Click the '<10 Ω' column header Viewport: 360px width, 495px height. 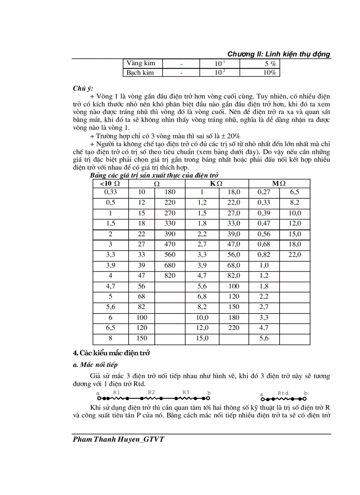[110, 183]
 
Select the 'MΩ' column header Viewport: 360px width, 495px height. [279, 183]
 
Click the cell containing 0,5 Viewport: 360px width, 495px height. [110, 203]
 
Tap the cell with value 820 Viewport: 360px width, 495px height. [169, 276]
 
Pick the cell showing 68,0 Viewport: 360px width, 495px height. [233, 265]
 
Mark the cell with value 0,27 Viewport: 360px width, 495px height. [264, 192]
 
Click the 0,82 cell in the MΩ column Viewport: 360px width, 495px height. [264, 255]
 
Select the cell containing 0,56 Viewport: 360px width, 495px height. [264, 234]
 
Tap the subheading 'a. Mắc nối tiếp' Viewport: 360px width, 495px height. [95, 365]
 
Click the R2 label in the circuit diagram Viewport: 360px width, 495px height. [151, 392]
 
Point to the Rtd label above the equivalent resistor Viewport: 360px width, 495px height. [283, 393]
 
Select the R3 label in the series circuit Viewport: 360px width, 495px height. [186, 392]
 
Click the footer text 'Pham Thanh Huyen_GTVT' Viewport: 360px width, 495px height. [119, 440]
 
